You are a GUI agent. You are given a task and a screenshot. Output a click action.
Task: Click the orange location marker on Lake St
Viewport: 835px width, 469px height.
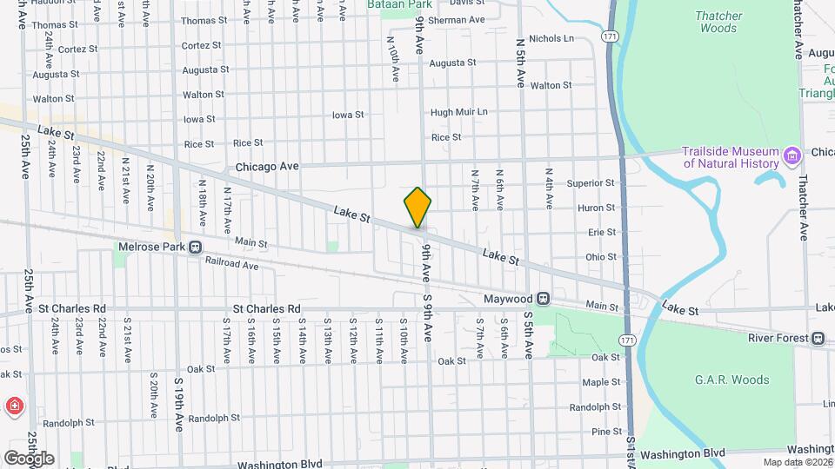click(x=417, y=208)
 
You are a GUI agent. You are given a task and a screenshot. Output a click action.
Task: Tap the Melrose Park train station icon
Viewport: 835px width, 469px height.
click(x=195, y=247)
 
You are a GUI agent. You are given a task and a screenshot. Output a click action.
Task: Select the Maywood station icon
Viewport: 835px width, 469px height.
click(x=542, y=299)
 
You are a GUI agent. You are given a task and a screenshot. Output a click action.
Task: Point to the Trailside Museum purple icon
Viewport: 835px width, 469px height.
click(x=792, y=156)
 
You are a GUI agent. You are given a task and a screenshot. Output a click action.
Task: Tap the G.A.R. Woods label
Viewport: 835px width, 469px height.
click(x=731, y=380)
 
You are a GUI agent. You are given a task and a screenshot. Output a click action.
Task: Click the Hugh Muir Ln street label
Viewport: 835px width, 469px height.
click(x=458, y=112)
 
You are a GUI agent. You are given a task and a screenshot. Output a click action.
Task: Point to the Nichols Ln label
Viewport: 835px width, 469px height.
click(x=551, y=38)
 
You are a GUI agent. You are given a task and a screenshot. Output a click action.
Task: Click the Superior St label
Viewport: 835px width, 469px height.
click(x=591, y=183)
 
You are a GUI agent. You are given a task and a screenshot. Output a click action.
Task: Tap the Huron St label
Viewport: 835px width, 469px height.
click(x=596, y=208)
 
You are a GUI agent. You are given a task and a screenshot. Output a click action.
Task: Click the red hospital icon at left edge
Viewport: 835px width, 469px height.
click(x=15, y=406)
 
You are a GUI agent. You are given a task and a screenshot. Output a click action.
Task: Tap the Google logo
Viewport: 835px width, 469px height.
click(x=28, y=458)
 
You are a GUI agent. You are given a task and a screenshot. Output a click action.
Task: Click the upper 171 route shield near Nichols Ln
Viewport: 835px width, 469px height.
click(x=609, y=36)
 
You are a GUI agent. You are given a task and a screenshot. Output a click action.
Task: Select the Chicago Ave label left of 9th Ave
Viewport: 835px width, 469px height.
click(x=267, y=166)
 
